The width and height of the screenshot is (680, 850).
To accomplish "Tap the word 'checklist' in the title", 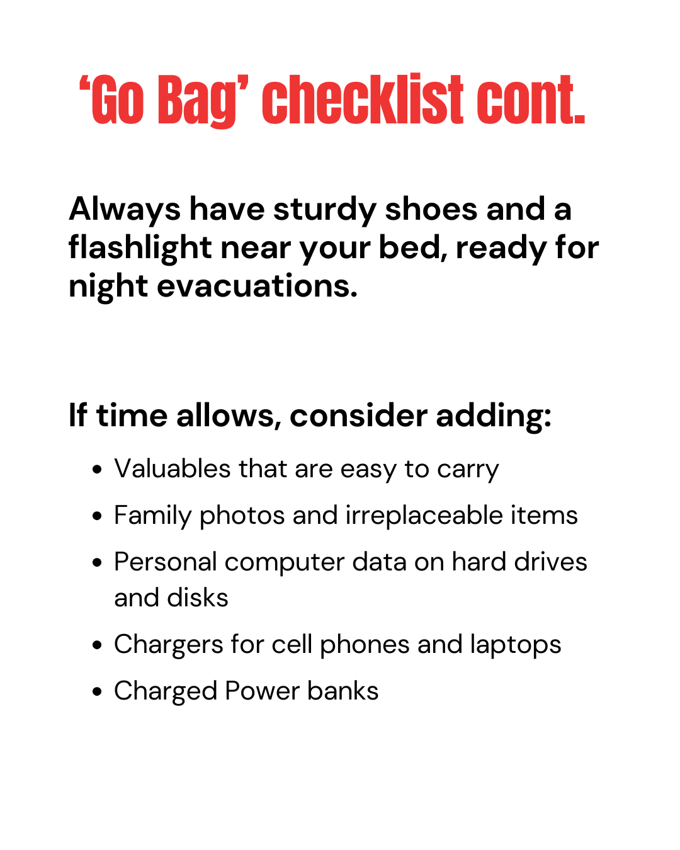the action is [x=362, y=99].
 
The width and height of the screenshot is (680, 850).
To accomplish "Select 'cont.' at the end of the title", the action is [x=531, y=99].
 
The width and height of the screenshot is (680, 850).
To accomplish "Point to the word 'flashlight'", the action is [x=140, y=247].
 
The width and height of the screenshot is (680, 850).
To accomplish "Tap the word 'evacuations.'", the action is [x=257, y=286].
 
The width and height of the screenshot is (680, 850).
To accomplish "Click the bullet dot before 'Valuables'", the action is [x=97, y=470].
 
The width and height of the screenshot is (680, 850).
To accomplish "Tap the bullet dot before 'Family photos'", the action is [x=97, y=516].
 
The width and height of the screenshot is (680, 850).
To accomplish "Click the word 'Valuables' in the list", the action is [x=173, y=468].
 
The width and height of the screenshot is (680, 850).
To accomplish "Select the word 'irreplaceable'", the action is [x=424, y=516].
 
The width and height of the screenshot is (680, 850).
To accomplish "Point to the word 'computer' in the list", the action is [x=285, y=563].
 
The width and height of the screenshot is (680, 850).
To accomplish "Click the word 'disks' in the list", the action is [x=198, y=598].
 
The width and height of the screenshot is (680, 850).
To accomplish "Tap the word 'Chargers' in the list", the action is [x=169, y=646].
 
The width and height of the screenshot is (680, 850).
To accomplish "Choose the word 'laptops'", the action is [x=516, y=646].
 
